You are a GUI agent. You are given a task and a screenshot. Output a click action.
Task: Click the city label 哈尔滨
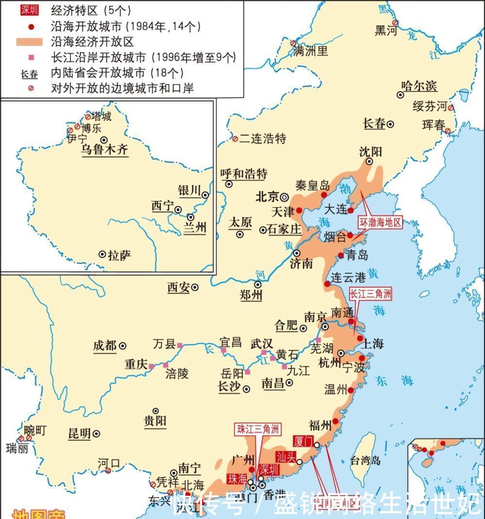(x=419, y=86)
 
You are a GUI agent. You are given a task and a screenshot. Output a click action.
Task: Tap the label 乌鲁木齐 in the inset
(x=104, y=149)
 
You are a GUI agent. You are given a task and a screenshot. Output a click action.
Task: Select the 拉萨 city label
(x=119, y=255)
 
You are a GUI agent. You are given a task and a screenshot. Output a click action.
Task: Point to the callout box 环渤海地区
(x=381, y=223)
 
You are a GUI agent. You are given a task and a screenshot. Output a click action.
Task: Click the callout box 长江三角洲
(x=370, y=293)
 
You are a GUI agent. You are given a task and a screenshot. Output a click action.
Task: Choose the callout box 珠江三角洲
(x=258, y=429)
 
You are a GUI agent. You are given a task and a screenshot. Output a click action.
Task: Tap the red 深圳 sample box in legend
(x=33, y=10)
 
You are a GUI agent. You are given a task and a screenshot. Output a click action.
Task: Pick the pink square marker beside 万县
(x=180, y=345)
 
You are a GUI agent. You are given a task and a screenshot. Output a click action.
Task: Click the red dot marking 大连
(x=351, y=210)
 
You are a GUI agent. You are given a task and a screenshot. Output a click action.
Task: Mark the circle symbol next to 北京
(x=284, y=197)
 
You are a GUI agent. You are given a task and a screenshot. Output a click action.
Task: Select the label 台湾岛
(x=365, y=460)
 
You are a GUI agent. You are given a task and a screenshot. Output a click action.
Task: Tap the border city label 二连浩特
(x=263, y=139)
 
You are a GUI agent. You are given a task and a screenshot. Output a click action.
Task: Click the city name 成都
(x=104, y=346)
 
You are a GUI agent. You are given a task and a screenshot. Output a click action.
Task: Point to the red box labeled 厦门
(x=303, y=440)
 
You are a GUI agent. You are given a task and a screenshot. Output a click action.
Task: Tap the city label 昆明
(x=80, y=434)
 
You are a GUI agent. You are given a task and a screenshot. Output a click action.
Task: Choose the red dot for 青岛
(x=340, y=255)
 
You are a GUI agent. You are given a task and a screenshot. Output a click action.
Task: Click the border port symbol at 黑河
(x=396, y=22)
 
